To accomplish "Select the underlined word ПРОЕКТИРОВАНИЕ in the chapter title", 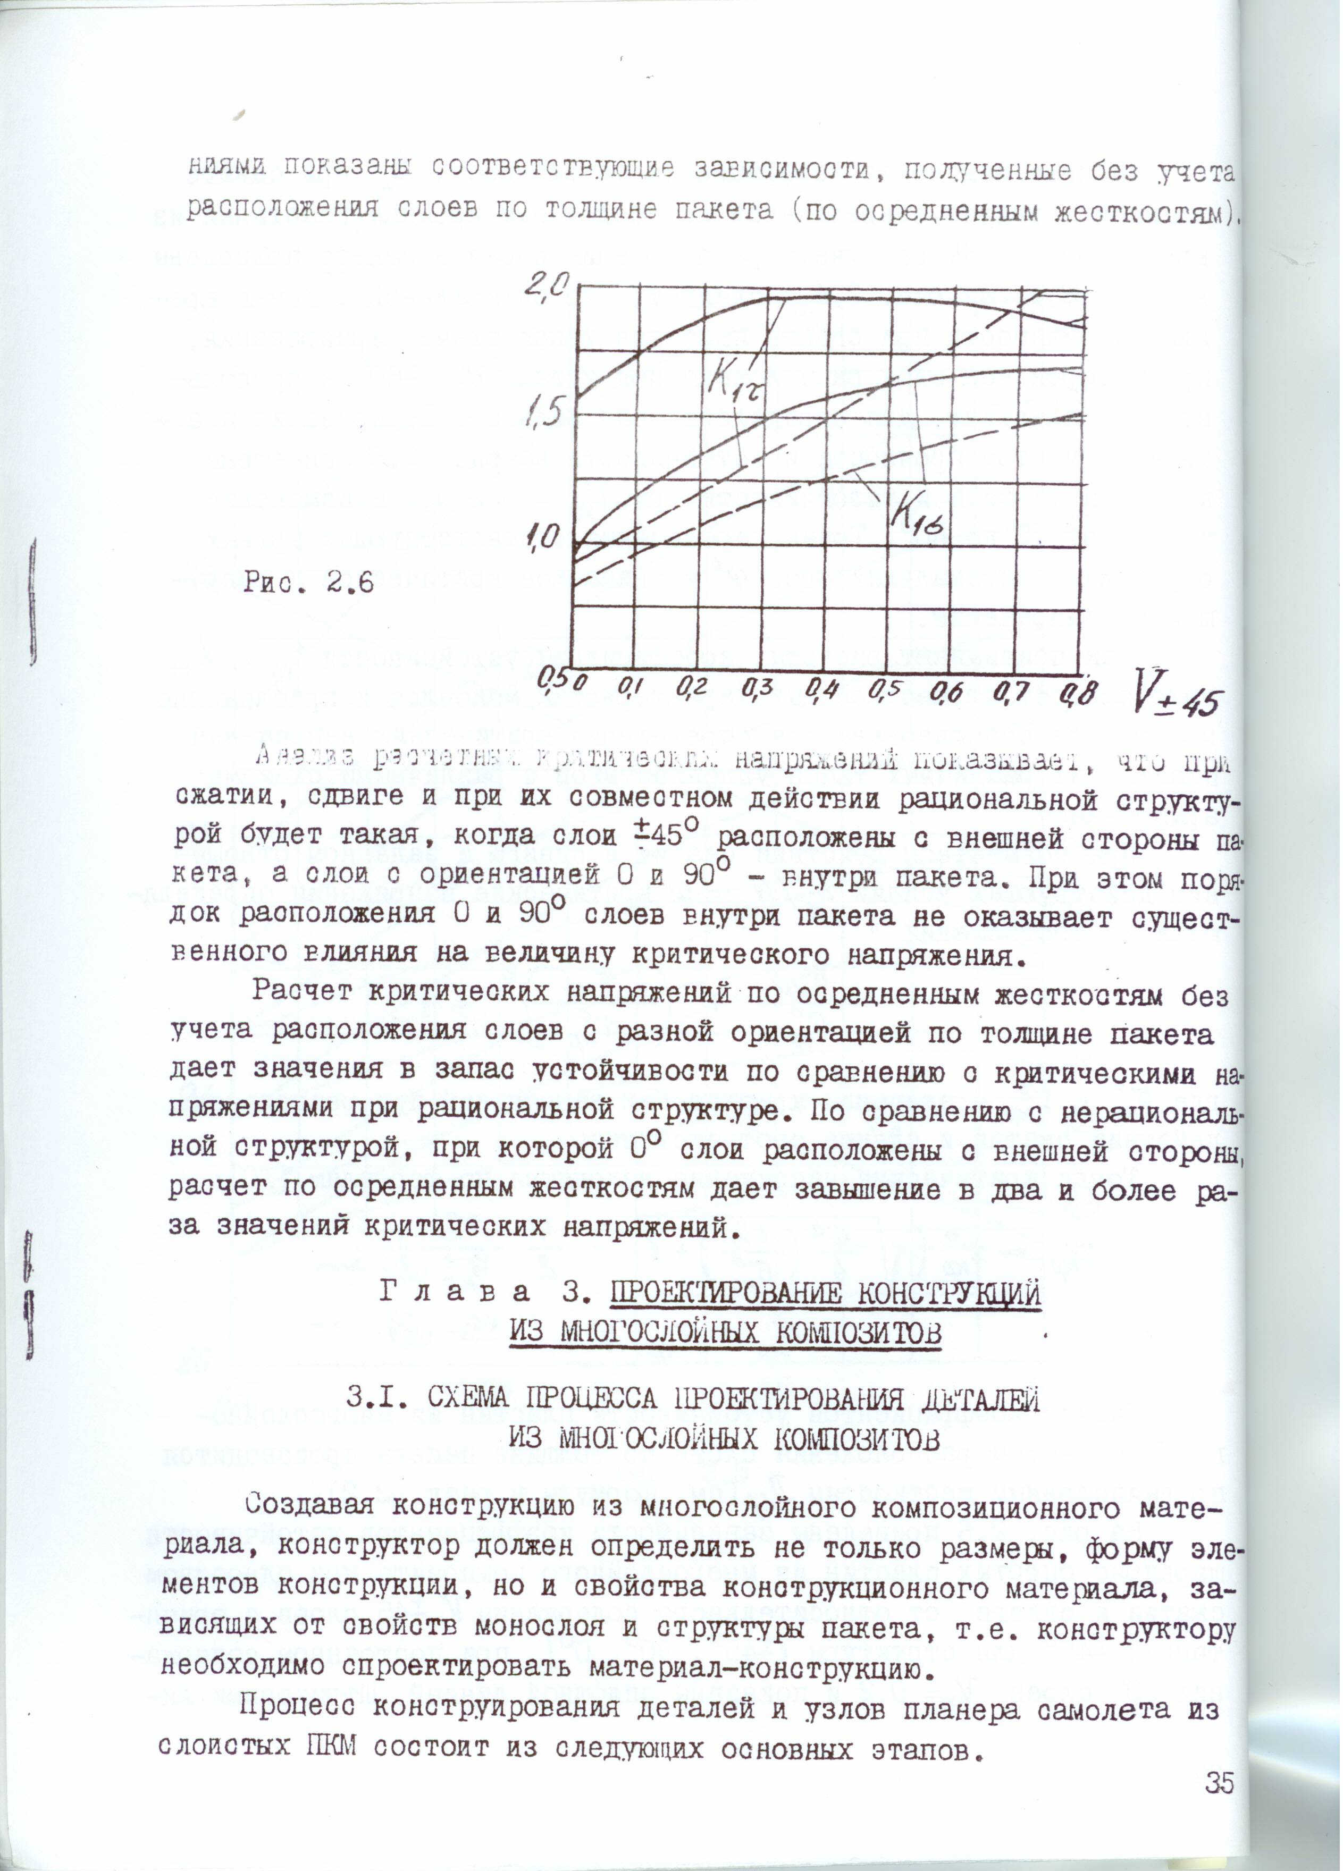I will pyautogui.click(x=717, y=1296).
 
